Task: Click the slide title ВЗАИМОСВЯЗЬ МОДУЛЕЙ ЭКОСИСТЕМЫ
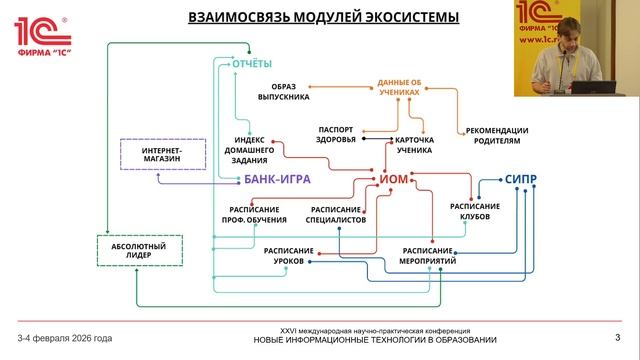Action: [x=310, y=17]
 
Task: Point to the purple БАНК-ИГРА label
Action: [x=278, y=180]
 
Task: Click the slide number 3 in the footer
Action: [x=617, y=335]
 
